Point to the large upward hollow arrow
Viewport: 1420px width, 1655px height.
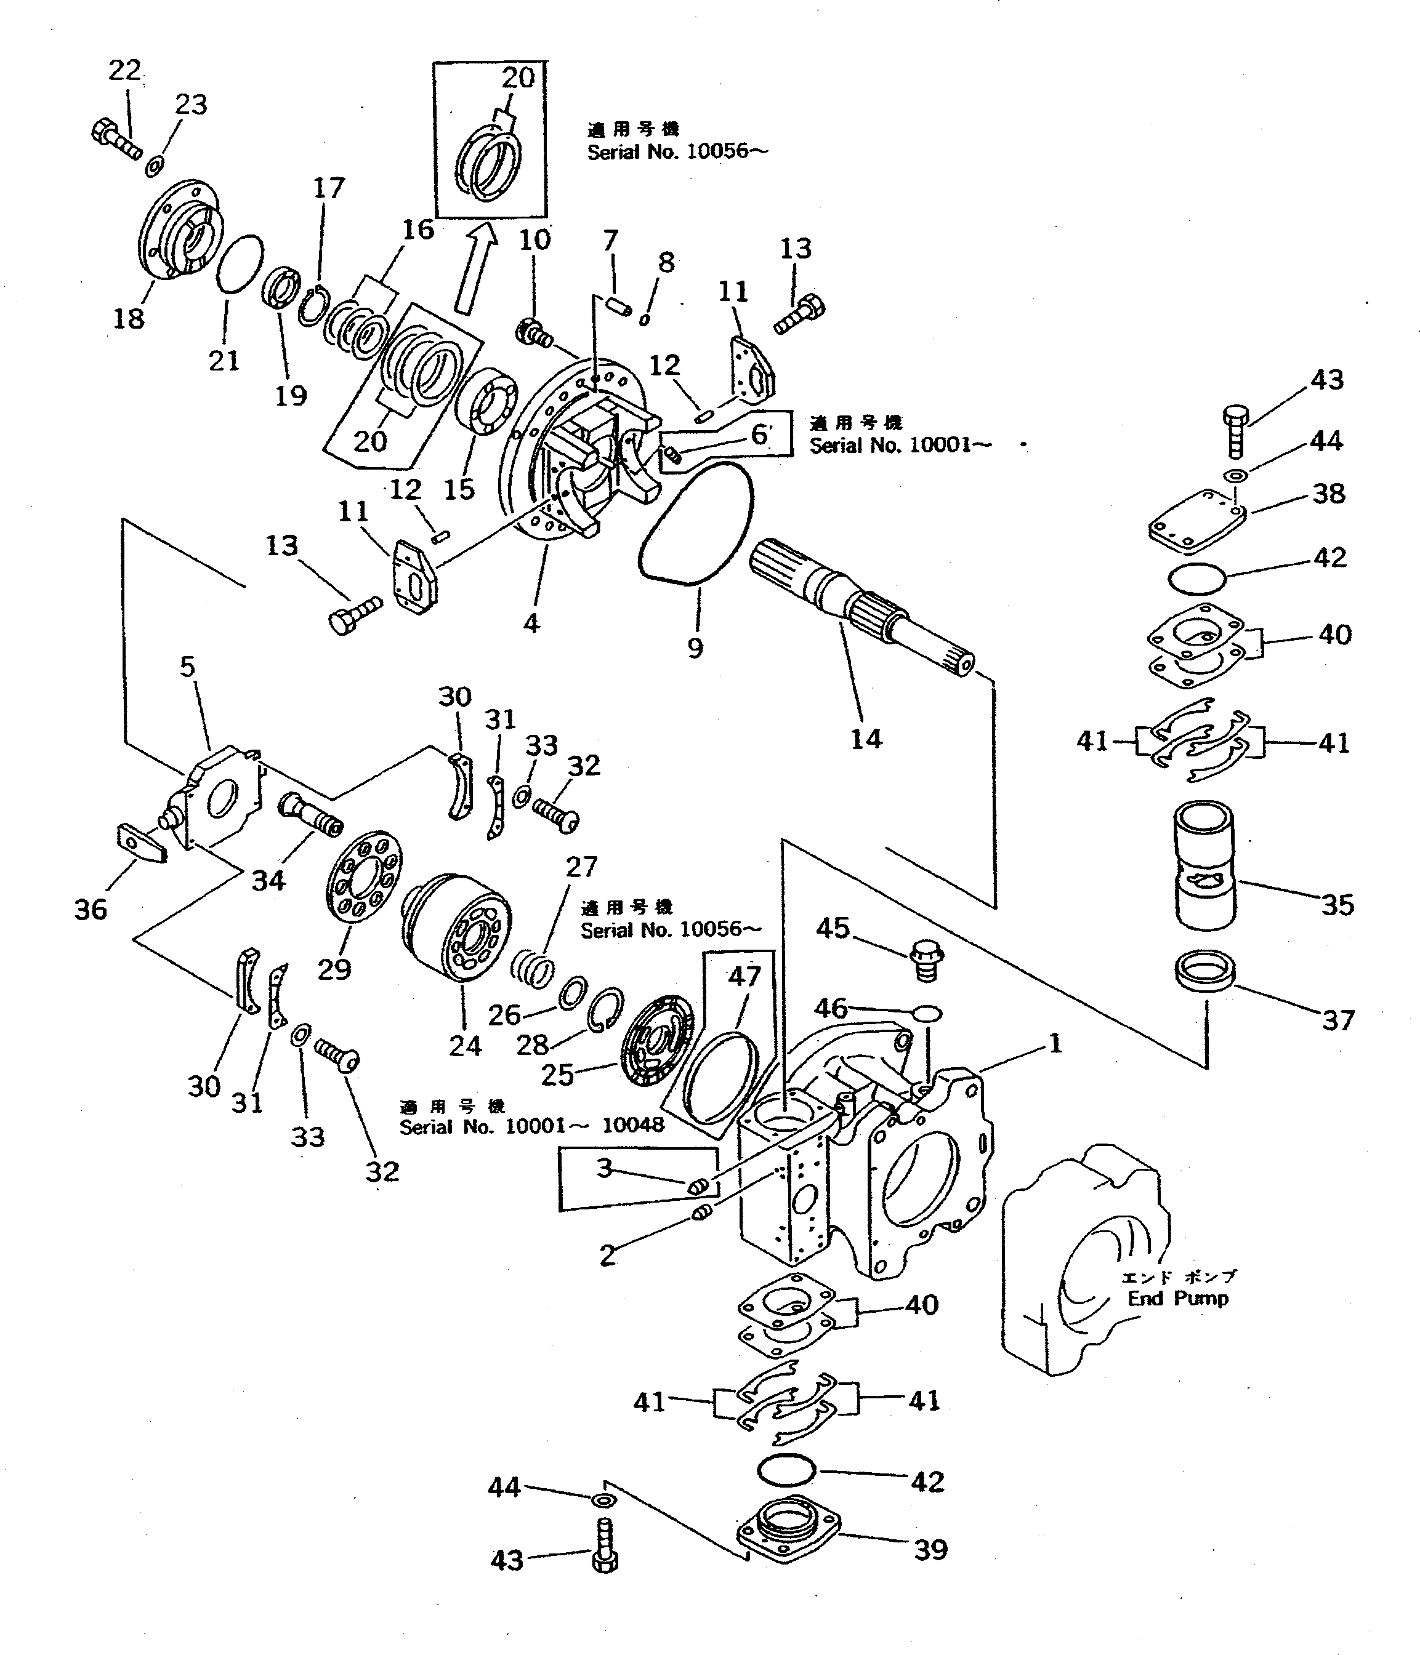[x=475, y=268]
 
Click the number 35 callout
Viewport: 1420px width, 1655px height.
[x=1337, y=905]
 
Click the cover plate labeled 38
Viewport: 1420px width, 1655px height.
[x=1196, y=523]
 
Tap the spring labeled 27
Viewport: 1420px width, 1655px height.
[x=531, y=965]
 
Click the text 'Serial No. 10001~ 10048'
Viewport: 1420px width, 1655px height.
[x=531, y=1126]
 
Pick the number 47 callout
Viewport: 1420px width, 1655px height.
[x=744, y=976]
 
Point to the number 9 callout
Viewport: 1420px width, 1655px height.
[x=695, y=647]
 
